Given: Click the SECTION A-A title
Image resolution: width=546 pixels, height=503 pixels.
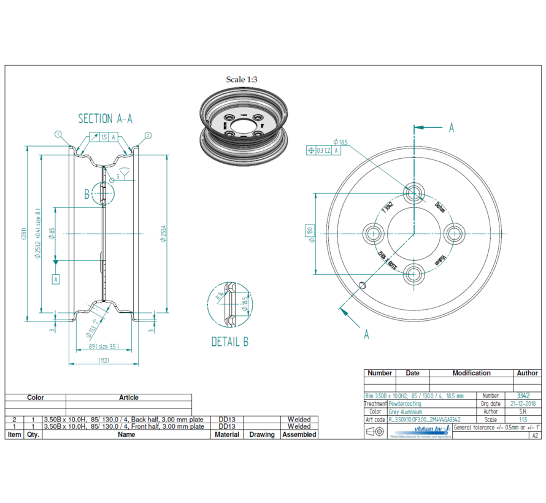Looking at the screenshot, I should (105, 118).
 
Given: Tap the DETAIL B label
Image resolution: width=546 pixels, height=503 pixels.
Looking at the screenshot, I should (229, 342).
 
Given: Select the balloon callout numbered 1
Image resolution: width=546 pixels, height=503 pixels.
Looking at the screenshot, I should (58, 134).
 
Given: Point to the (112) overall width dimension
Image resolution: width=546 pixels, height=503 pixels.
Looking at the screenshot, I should (103, 360).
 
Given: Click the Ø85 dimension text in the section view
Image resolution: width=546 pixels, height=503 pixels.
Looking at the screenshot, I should (52, 233).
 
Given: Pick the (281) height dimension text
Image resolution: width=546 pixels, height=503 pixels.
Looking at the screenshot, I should (23, 234).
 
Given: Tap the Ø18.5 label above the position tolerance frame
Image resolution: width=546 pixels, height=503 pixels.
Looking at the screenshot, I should (340, 142).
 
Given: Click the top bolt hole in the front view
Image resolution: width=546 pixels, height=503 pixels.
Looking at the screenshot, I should (414, 192).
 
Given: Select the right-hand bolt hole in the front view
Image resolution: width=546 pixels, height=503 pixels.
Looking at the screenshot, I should (455, 233).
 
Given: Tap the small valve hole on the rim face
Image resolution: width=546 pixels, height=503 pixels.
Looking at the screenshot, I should (363, 285).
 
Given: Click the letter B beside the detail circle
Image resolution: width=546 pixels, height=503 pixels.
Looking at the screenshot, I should (87, 194).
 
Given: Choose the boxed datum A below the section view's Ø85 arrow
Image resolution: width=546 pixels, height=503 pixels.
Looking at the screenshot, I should (56, 279).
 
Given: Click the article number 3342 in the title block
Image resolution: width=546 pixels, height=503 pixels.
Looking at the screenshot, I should (523, 396).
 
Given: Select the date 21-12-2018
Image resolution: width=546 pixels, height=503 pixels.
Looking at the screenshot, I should (523, 404).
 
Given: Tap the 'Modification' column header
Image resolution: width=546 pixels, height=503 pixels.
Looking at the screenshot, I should (471, 372).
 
